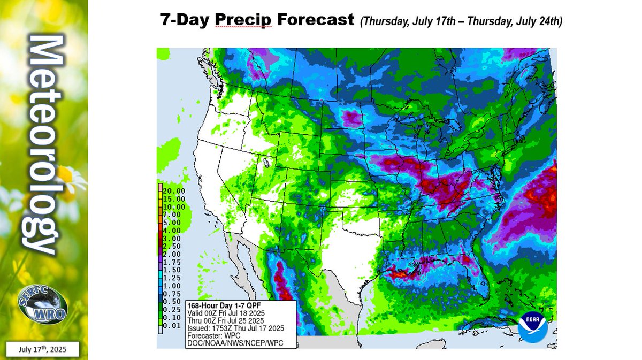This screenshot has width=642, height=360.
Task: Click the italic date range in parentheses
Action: (461, 21)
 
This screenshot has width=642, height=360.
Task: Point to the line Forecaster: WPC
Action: (212, 335)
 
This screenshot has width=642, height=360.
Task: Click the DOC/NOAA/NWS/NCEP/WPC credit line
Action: (234, 343)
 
